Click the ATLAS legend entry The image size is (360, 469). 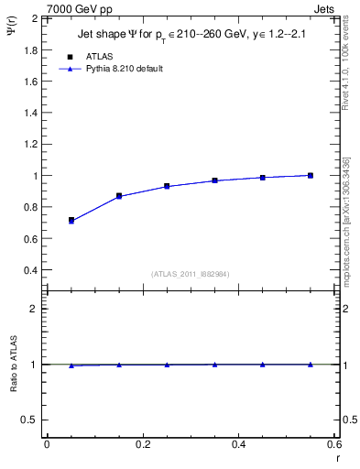[99, 57]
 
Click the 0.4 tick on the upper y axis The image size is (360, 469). [32, 270]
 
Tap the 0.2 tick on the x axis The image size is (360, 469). [142, 444]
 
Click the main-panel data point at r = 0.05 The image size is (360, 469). [71, 221]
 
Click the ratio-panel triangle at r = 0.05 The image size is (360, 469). [71, 365]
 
